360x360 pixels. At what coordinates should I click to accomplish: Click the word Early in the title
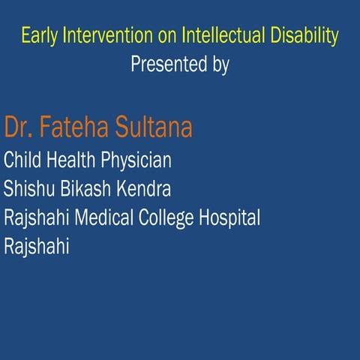pyautogui.click(x=37, y=35)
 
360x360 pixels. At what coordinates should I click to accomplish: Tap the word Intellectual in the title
pyautogui.click(x=212, y=35)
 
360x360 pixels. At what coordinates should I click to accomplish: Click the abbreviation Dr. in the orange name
pyautogui.click(x=19, y=127)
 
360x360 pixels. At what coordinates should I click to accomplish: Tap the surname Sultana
pyautogui.click(x=154, y=127)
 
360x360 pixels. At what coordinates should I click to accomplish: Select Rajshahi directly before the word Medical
pyautogui.click(x=37, y=218)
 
